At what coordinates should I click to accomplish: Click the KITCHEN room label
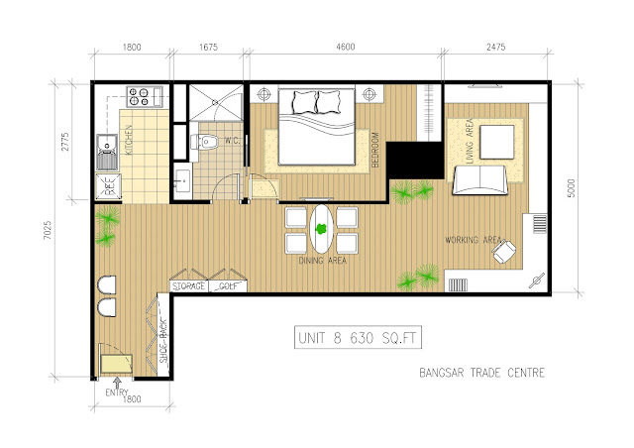point(129,140)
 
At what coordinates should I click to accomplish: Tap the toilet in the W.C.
point(205,142)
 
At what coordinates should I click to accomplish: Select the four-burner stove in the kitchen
point(138,97)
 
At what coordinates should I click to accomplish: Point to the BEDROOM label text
point(374,150)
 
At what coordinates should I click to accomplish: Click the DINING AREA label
point(323,261)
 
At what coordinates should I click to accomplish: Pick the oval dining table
point(321,229)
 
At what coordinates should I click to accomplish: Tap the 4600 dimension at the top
point(346,47)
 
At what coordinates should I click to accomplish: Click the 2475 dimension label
point(495,47)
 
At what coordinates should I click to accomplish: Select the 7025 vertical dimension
point(49,230)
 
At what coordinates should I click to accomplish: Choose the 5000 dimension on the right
point(571,188)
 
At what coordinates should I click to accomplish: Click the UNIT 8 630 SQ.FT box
point(358,337)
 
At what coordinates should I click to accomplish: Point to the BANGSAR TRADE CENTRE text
point(482,373)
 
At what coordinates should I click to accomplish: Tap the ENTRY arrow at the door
point(117,383)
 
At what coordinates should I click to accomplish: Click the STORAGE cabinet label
point(188,286)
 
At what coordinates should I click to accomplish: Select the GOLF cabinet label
point(228,286)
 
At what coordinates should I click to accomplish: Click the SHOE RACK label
point(162,341)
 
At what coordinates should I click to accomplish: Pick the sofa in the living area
point(479,180)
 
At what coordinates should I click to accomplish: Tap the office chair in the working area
point(504,251)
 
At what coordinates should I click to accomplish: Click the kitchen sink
point(107,152)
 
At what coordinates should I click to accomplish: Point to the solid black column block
point(414,160)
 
